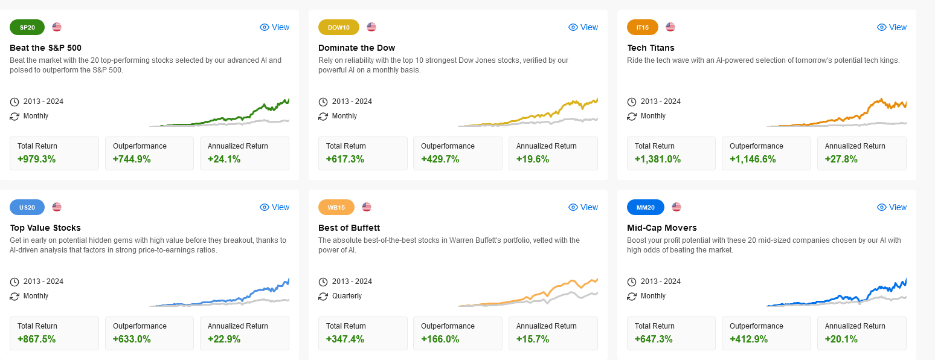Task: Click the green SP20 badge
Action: tap(27, 27)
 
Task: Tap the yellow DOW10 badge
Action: tap(338, 27)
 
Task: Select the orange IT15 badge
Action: tap(643, 27)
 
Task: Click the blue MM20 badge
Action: tap(646, 207)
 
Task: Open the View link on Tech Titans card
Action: tap(892, 27)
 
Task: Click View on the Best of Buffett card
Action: tap(583, 207)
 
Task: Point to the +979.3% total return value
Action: tap(36, 159)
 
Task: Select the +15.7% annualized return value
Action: tap(533, 339)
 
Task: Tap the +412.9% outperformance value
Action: tap(749, 339)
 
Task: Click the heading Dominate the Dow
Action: tap(356, 48)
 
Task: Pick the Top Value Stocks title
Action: tap(45, 228)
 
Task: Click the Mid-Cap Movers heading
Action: tap(662, 228)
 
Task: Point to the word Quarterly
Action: tap(347, 296)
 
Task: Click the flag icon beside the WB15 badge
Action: tap(367, 207)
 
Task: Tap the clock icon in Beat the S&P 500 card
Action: tap(14, 101)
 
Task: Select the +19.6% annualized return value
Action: tap(533, 159)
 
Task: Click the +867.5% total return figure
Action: tap(36, 339)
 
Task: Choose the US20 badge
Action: tap(27, 207)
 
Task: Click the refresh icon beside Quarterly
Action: tap(323, 296)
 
